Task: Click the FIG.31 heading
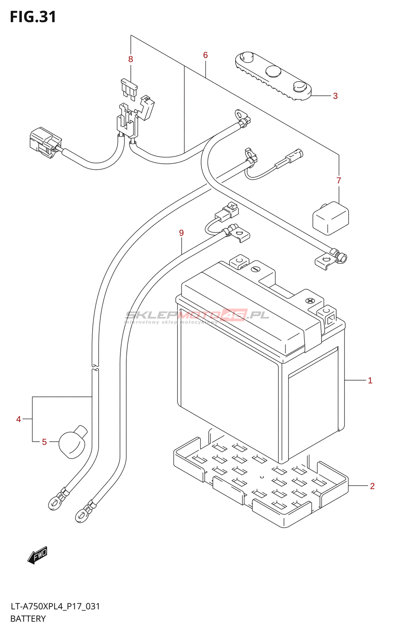click(33, 17)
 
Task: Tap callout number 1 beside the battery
click(370, 381)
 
